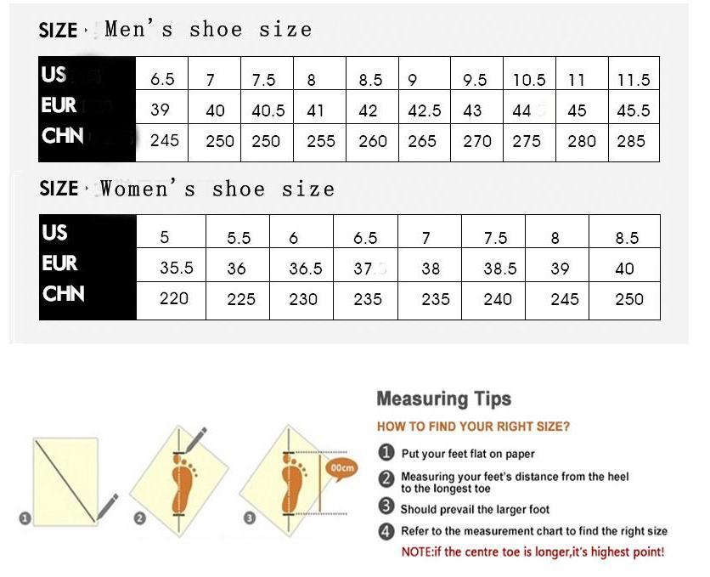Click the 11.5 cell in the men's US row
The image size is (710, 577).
[x=634, y=80]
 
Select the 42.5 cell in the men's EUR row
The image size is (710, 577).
[x=425, y=110]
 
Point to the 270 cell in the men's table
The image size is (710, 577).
[x=477, y=141]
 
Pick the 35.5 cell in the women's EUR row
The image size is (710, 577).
[x=177, y=268]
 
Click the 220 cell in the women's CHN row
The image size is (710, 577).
[x=173, y=298]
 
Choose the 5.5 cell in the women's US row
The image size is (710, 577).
[x=239, y=238]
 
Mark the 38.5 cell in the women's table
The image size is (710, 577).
[x=499, y=269]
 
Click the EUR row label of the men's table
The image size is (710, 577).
[x=59, y=106]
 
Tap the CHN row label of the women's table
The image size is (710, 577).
[x=64, y=294]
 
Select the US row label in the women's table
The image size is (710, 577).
[x=54, y=233]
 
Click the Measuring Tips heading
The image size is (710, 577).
[x=443, y=399]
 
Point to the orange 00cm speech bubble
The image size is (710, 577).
[x=342, y=468]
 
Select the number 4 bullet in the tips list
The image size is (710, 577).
[x=386, y=531]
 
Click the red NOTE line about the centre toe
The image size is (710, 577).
[x=532, y=552]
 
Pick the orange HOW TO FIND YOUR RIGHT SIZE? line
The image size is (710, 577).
[x=473, y=427]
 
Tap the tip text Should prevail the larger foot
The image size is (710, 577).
[x=475, y=509]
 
